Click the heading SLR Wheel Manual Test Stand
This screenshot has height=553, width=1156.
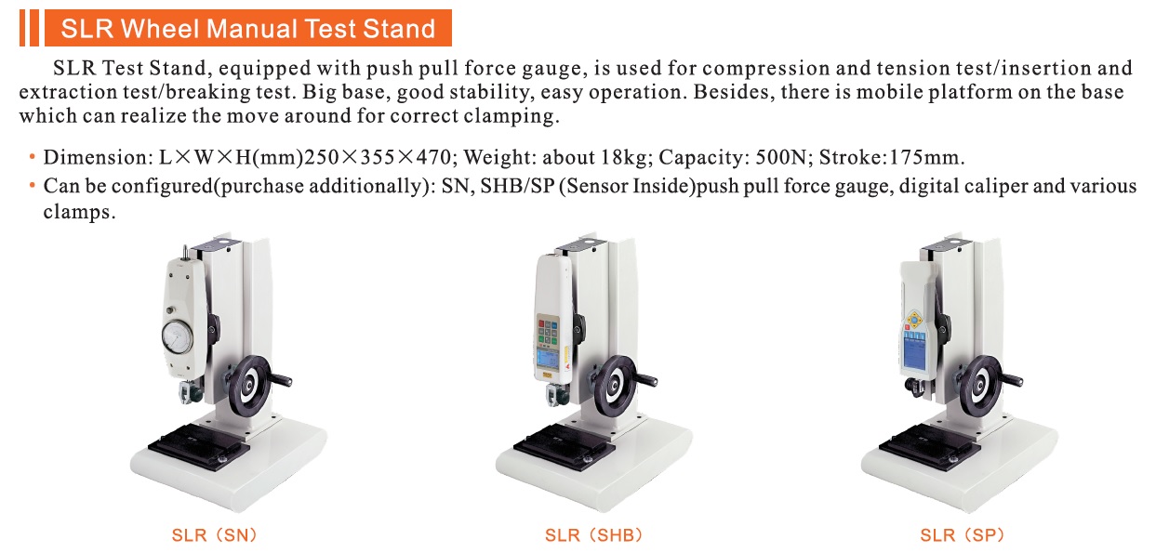[x=248, y=29]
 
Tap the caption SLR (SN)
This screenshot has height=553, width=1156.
[x=214, y=535]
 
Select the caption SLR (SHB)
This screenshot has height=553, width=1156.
[x=593, y=535]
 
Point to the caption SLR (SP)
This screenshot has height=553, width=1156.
[x=962, y=535]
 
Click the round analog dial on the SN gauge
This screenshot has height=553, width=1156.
[x=177, y=336]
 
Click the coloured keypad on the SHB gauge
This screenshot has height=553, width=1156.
[x=548, y=331]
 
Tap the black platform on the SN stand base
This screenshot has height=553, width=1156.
[x=199, y=447]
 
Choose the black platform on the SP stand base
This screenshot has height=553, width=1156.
[x=929, y=447]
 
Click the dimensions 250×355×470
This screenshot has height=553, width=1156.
[x=378, y=157]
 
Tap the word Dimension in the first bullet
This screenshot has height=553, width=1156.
[x=95, y=157]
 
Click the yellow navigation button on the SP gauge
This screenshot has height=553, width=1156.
[x=914, y=320]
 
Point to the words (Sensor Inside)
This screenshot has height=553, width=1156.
[x=627, y=186]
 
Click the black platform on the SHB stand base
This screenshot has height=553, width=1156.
[x=565, y=447]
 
